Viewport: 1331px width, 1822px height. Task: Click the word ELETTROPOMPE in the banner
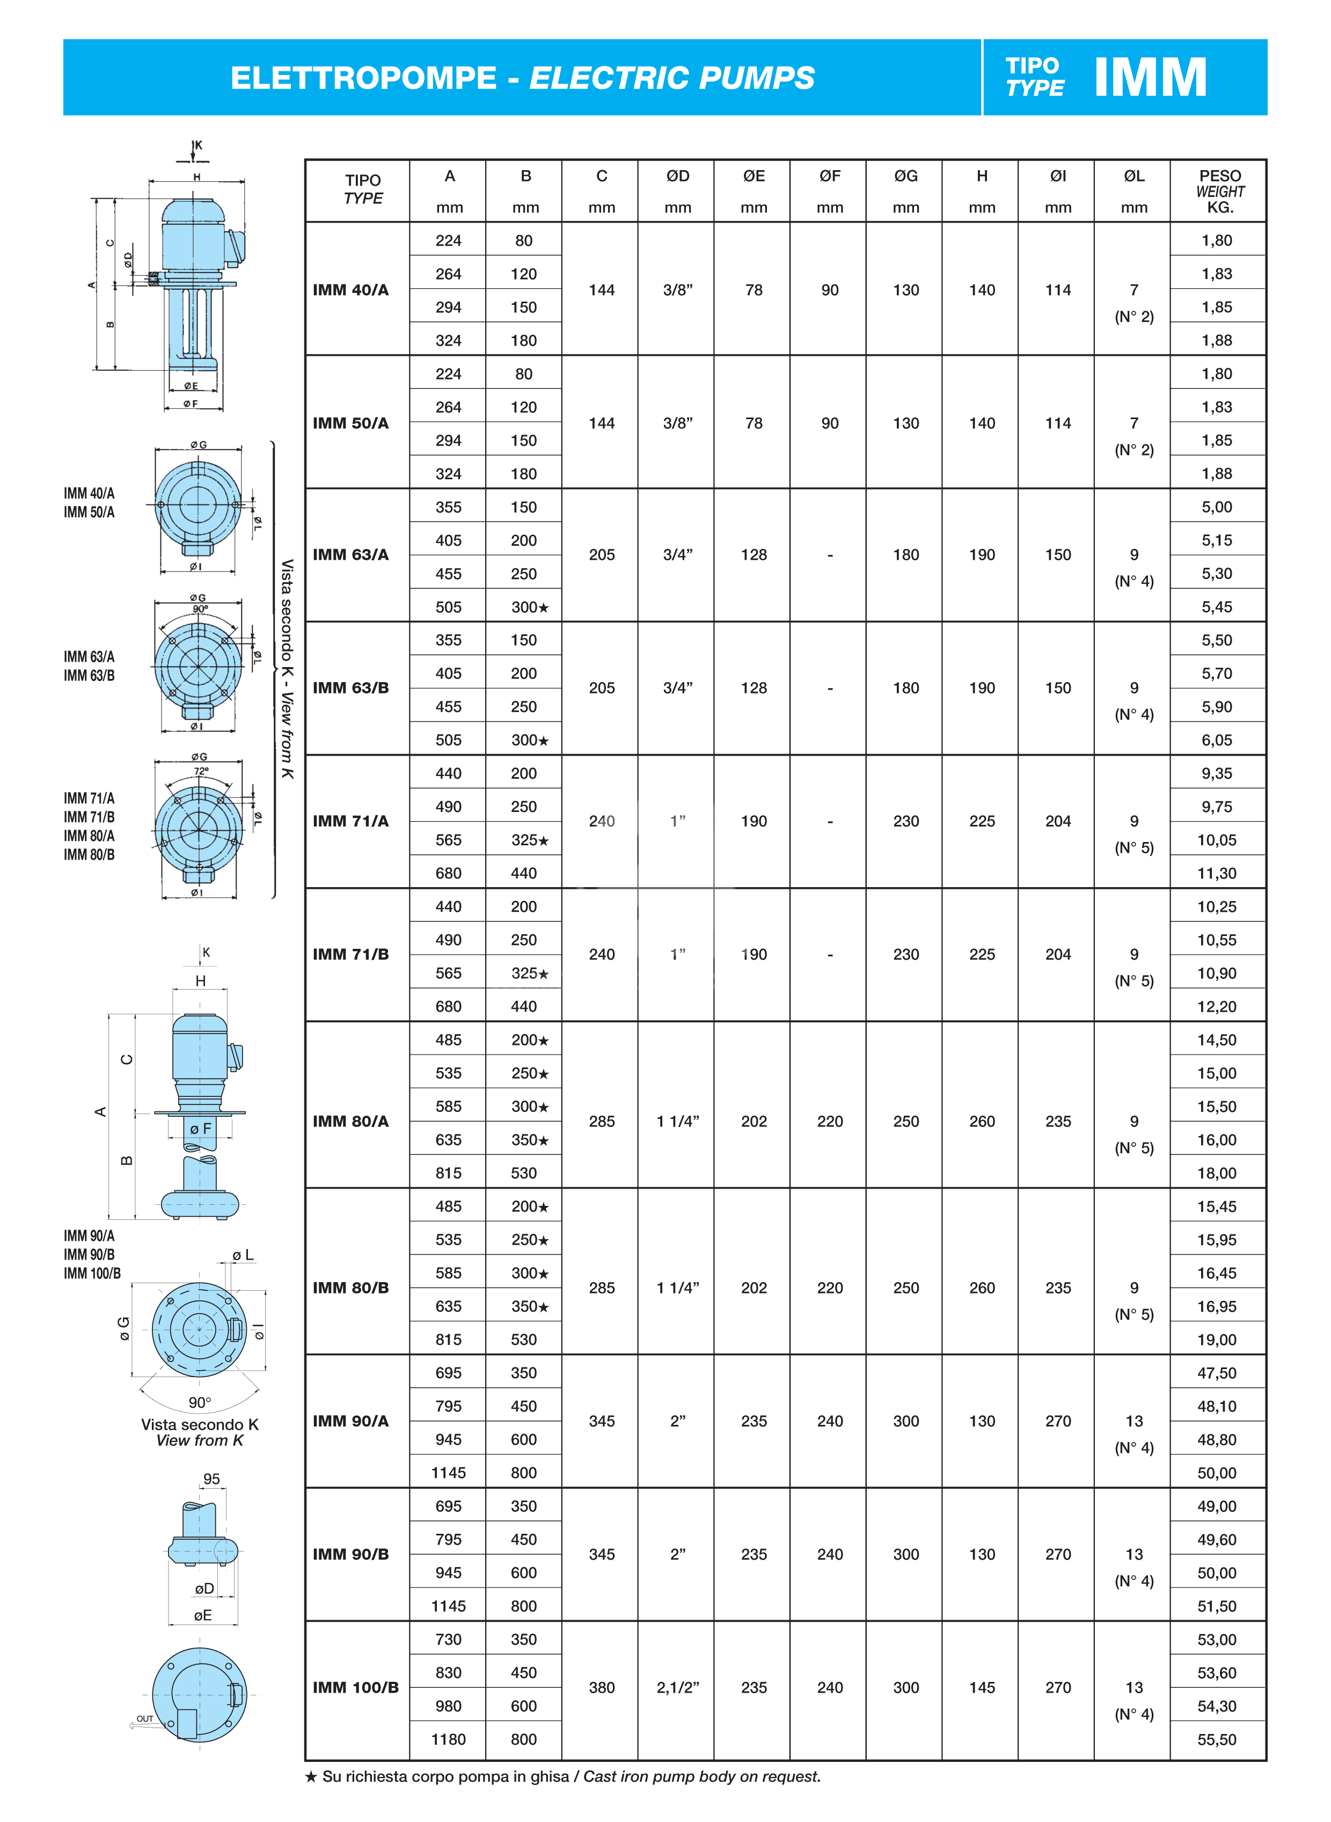(x=363, y=78)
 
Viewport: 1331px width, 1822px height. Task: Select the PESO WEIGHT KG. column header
(x=1219, y=191)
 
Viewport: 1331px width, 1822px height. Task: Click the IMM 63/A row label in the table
(x=350, y=555)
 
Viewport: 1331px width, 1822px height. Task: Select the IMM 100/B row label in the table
(x=355, y=1687)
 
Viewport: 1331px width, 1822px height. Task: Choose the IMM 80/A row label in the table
(x=350, y=1121)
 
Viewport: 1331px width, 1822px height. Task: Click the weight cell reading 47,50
(x=1217, y=1373)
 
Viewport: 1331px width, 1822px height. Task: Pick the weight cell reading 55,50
(x=1217, y=1740)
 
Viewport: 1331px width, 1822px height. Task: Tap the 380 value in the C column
(x=602, y=1687)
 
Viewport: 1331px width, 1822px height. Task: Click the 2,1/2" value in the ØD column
(x=678, y=1687)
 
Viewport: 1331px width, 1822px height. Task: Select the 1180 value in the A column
(x=448, y=1740)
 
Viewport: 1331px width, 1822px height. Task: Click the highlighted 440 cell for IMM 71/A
(x=524, y=873)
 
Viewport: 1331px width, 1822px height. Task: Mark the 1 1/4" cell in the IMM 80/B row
(x=678, y=1288)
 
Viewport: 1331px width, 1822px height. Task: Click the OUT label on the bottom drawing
(x=145, y=1719)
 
